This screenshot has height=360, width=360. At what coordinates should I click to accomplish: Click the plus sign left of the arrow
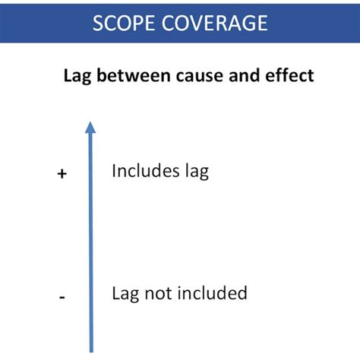62,174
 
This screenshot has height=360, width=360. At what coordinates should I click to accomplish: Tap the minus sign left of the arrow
62,297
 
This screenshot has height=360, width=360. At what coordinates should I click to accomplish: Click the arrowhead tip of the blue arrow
90,122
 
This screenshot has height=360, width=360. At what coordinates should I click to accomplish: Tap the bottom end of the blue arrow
91,350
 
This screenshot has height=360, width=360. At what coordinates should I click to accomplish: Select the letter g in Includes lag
202,174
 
